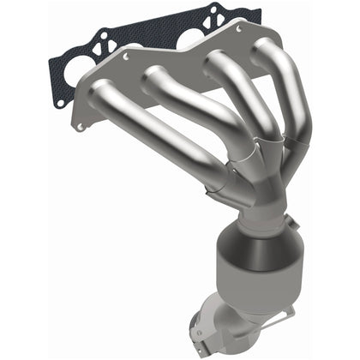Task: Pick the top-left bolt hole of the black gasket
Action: (x=102, y=38)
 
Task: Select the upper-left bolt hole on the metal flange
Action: (x=126, y=57)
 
